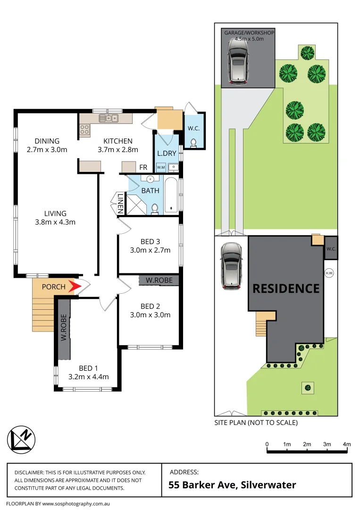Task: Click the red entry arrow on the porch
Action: click(73, 286)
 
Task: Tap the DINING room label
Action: click(47, 141)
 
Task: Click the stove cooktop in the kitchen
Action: click(85, 127)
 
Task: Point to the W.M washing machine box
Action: click(160, 167)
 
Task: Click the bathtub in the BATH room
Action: click(171, 195)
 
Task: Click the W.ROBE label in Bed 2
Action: click(158, 280)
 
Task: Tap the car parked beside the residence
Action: click(231, 265)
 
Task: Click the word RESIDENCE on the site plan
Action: click(286, 288)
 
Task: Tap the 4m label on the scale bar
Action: click(347, 444)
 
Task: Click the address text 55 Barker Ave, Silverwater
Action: click(233, 485)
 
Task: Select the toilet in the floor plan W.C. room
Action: click(193, 142)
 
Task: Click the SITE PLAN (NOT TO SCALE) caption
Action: click(256, 423)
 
